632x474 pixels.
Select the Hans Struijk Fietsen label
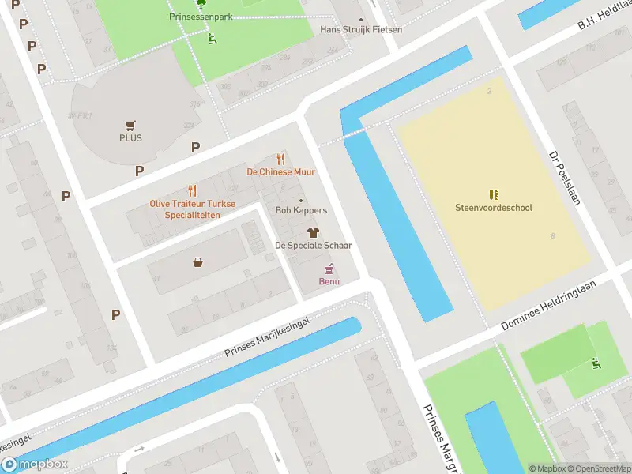click(x=361, y=30)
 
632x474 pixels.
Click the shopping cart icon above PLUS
click(x=130, y=125)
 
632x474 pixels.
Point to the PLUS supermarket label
click(x=130, y=137)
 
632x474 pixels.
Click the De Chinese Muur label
click(x=280, y=171)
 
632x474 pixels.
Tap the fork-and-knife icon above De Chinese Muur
click(x=280, y=159)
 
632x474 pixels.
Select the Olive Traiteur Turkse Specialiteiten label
click(x=192, y=209)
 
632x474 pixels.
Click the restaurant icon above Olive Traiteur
click(x=192, y=190)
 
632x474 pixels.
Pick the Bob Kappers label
click(x=300, y=211)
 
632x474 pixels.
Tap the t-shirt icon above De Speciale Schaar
click(x=313, y=232)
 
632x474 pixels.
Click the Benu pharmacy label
click(x=329, y=282)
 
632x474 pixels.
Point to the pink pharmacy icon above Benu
click(x=329, y=269)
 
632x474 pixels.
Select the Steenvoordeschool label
click(x=494, y=208)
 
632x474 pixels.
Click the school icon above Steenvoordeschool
click(x=494, y=194)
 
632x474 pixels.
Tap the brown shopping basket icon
click(x=197, y=262)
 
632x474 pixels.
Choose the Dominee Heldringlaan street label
click(x=557, y=304)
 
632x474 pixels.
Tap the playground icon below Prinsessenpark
click(x=212, y=37)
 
